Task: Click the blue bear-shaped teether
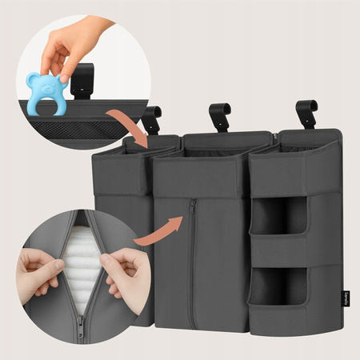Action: point(43,93)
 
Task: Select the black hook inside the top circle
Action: point(82,80)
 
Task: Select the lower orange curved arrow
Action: point(155,232)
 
